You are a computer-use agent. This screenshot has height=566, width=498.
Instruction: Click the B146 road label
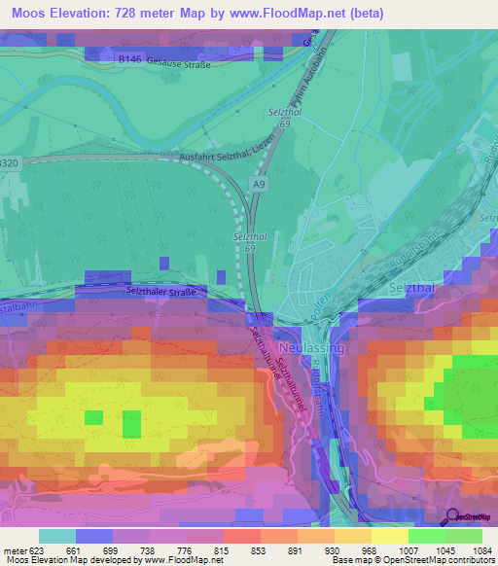tap(128, 59)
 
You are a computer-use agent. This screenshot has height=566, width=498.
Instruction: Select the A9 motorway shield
tap(259, 182)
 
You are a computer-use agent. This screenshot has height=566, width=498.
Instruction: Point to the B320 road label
tap(9, 162)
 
